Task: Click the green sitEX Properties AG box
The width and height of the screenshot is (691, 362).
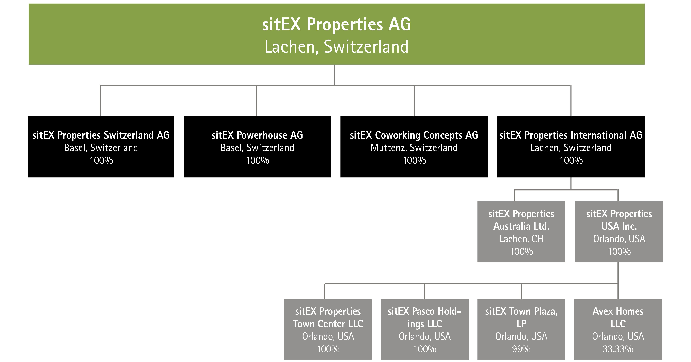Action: coord(336,34)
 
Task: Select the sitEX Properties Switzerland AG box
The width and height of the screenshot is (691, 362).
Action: coord(101,147)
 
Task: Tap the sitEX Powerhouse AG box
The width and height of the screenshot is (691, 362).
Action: coord(257,147)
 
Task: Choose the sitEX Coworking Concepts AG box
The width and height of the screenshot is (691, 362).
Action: coord(414,147)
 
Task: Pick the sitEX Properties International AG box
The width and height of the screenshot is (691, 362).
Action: coord(571,147)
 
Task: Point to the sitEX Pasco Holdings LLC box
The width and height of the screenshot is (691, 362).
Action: coord(425,329)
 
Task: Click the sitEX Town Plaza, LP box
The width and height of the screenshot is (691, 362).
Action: coord(521,329)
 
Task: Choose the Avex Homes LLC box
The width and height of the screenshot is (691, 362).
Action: coord(618,329)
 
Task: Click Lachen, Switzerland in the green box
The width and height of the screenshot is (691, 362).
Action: coord(336,47)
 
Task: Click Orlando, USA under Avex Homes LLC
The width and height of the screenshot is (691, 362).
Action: coord(618,336)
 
